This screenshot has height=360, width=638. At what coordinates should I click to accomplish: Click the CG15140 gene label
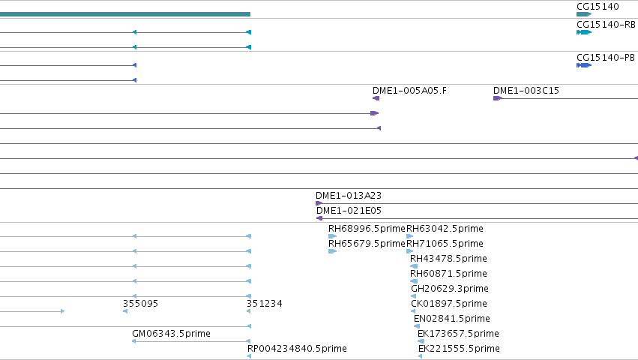pyautogui.click(x=598, y=7)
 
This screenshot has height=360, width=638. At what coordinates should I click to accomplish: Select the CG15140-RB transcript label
pyautogui.click(x=606, y=25)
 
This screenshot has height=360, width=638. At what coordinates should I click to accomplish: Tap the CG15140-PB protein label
pyautogui.click(x=606, y=58)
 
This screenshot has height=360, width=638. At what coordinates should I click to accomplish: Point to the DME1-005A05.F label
pyautogui.click(x=409, y=91)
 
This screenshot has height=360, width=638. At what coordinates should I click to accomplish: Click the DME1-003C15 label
pyautogui.click(x=526, y=91)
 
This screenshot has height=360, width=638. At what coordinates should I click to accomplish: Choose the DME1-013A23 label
pyautogui.click(x=349, y=196)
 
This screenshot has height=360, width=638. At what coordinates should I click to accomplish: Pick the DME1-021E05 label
pyautogui.click(x=349, y=211)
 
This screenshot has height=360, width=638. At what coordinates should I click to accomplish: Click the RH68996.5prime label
pyautogui.click(x=367, y=229)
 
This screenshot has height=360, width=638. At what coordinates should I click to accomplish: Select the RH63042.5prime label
pyautogui.click(x=445, y=229)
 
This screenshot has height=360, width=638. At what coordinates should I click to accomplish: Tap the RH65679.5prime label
pyautogui.click(x=367, y=244)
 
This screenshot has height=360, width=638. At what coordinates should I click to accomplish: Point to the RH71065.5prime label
pyautogui.click(x=445, y=244)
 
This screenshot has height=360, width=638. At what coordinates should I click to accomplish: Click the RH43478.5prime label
pyautogui.click(x=448, y=259)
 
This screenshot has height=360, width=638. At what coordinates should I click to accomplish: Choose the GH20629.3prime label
pyautogui.click(x=450, y=289)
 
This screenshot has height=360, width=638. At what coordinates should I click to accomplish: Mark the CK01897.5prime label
pyautogui.click(x=449, y=304)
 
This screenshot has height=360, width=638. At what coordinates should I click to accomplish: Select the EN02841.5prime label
pyautogui.click(x=451, y=319)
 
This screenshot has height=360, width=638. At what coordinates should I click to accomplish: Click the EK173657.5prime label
pyautogui.click(x=458, y=334)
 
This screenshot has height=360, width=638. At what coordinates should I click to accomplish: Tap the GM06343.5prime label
pyautogui.click(x=171, y=334)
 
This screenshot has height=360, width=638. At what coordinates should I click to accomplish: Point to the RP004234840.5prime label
pyautogui.click(x=297, y=349)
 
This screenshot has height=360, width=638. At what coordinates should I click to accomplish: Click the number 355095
pyautogui.click(x=140, y=304)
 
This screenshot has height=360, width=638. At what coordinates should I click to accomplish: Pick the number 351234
pyautogui.click(x=265, y=304)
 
